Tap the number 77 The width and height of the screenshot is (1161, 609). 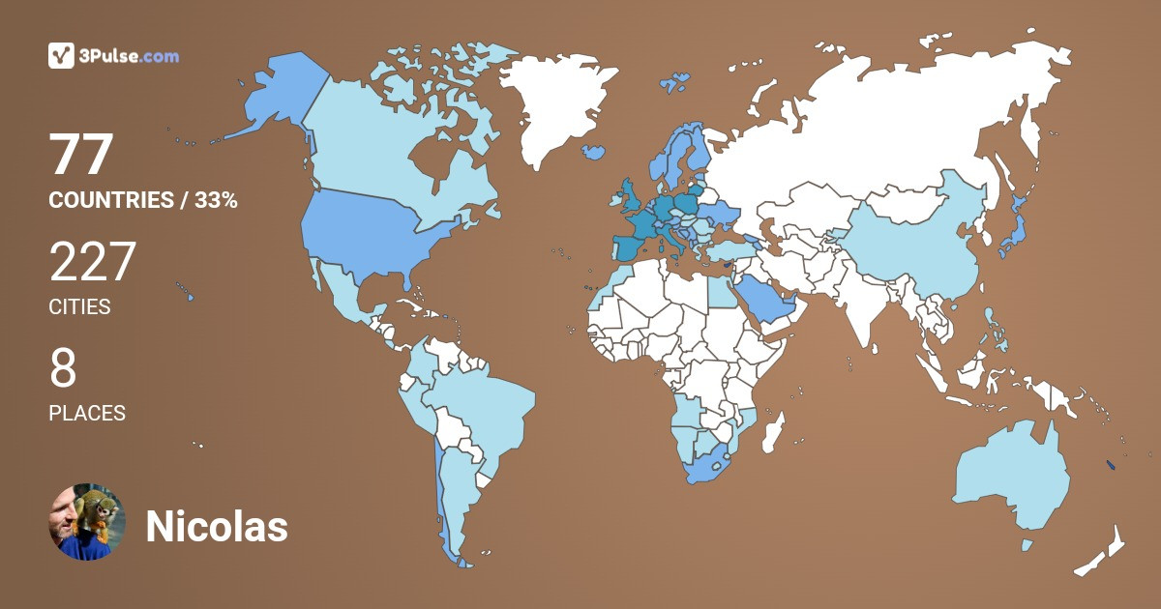click(82, 155)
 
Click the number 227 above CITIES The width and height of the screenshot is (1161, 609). click(93, 262)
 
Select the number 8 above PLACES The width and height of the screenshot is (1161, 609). click(63, 368)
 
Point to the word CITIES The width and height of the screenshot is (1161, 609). click(79, 307)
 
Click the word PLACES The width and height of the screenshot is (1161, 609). click(87, 413)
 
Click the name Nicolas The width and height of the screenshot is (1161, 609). click(217, 527)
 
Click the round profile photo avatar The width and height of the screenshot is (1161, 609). click(88, 522)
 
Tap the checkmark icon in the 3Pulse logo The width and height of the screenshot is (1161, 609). click(62, 56)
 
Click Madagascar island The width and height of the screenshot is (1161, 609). click(774, 432)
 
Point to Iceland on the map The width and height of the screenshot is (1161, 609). click(594, 153)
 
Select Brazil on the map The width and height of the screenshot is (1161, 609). click(484, 406)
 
